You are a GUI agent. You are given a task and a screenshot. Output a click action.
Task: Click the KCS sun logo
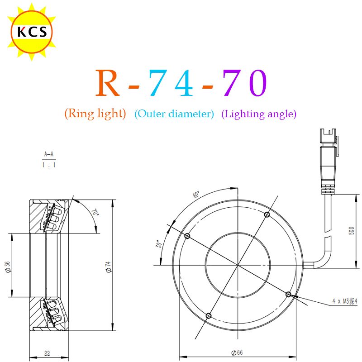pyautogui.click(x=32, y=32)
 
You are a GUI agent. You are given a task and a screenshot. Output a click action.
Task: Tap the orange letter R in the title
pyautogui.click(x=108, y=83)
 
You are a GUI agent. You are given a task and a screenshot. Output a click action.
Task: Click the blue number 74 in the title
pyautogui.click(x=171, y=83)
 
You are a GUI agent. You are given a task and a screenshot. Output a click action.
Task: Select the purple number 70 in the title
pyautogui.click(x=245, y=83)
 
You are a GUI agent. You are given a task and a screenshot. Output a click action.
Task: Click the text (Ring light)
pyautogui.click(x=95, y=114)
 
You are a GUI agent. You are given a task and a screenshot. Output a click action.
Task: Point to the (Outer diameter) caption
pyautogui.click(x=174, y=114)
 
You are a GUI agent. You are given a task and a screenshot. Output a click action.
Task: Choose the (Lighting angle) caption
pyautogui.click(x=259, y=114)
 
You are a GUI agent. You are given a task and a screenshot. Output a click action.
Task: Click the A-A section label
pyautogui.click(x=49, y=154)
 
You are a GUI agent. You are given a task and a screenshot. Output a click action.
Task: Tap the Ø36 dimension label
pyautogui.click(x=8, y=267)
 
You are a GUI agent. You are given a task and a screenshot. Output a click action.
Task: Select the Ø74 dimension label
pyautogui.click(x=108, y=267)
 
